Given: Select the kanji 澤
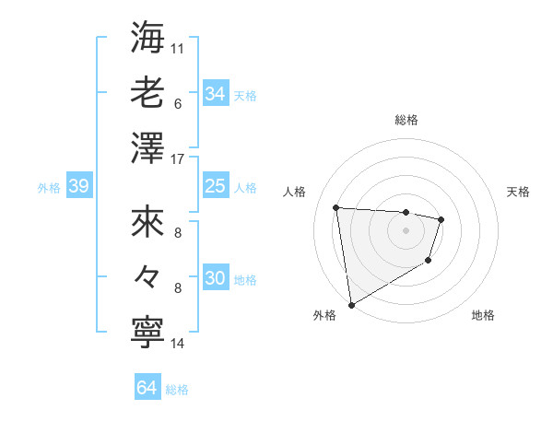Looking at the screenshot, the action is click(x=147, y=149).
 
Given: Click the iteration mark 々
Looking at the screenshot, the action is click(x=147, y=277).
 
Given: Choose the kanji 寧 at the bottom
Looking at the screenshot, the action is click(x=147, y=334).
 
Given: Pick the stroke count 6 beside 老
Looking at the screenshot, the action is click(x=177, y=104).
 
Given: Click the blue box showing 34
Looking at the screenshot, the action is click(x=215, y=94).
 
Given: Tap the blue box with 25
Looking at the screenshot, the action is click(x=215, y=187).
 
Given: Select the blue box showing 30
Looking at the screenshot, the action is click(x=215, y=279).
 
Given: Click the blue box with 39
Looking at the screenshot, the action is click(x=78, y=187).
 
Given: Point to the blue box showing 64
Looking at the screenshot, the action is click(x=147, y=388).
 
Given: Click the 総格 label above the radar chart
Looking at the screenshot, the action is click(x=406, y=120).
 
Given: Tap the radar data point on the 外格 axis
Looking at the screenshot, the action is click(x=351, y=305).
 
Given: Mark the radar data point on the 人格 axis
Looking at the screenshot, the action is click(x=336, y=207).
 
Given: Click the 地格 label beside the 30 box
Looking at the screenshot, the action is click(x=246, y=280).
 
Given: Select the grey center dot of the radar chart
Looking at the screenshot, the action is click(x=406, y=230).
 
